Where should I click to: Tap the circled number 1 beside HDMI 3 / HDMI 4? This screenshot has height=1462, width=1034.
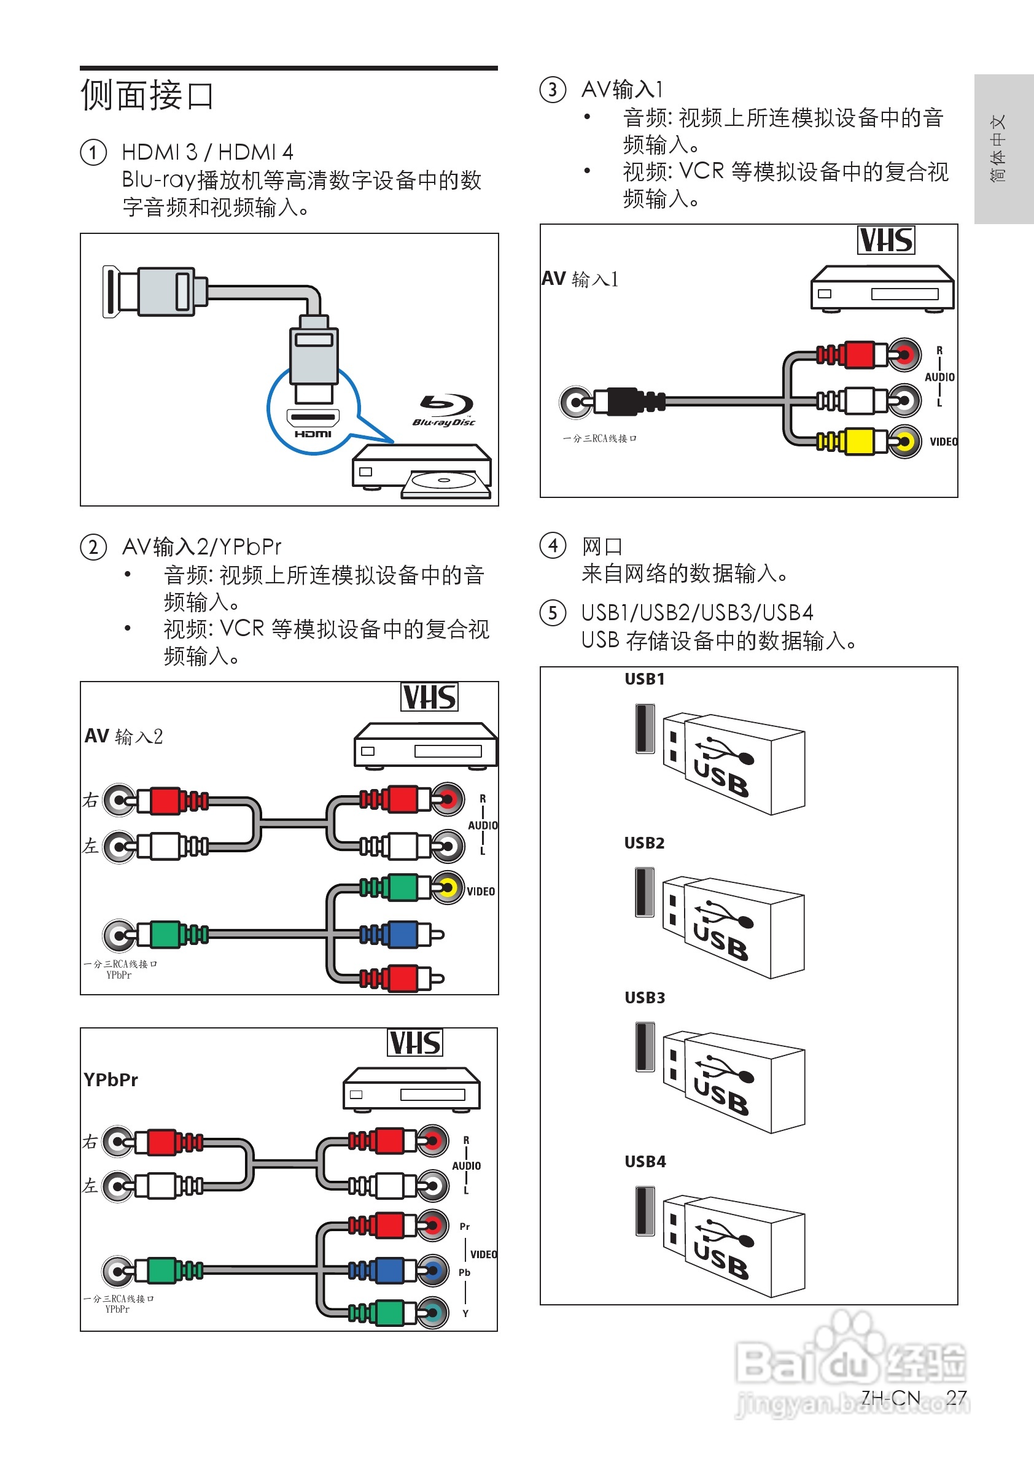pyautogui.click(x=93, y=153)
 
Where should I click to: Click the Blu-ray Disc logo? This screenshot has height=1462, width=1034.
pyautogui.click(x=445, y=411)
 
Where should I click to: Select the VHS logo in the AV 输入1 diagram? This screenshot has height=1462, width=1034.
pyautogui.click(x=885, y=240)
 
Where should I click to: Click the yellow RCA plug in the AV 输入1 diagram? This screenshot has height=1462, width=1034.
pyautogui.click(x=860, y=441)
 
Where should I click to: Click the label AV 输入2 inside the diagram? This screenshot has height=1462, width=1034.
pyautogui.click(x=123, y=736)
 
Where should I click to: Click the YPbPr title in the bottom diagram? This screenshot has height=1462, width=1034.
pyautogui.click(x=111, y=1080)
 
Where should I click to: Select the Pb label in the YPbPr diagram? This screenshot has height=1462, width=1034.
pyautogui.click(x=464, y=1272)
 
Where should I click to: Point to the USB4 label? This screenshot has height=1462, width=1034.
pyautogui.click(x=645, y=1162)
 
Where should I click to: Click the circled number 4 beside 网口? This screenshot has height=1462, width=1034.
pyautogui.click(x=553, y=546)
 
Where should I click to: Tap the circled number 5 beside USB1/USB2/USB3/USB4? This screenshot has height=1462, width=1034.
pyautogui.click(x=553, y=613)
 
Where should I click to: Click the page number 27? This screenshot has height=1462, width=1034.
pyautogui.click(x=955, y=1397)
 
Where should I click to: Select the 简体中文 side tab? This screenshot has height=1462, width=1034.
pyautogui.click(x=998, y=149)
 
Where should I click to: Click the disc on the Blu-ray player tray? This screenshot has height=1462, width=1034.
pyautogui.click(x=443, y=480)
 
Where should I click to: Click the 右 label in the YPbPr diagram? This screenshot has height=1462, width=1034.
pyautogui.click(x=90, y=1142)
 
